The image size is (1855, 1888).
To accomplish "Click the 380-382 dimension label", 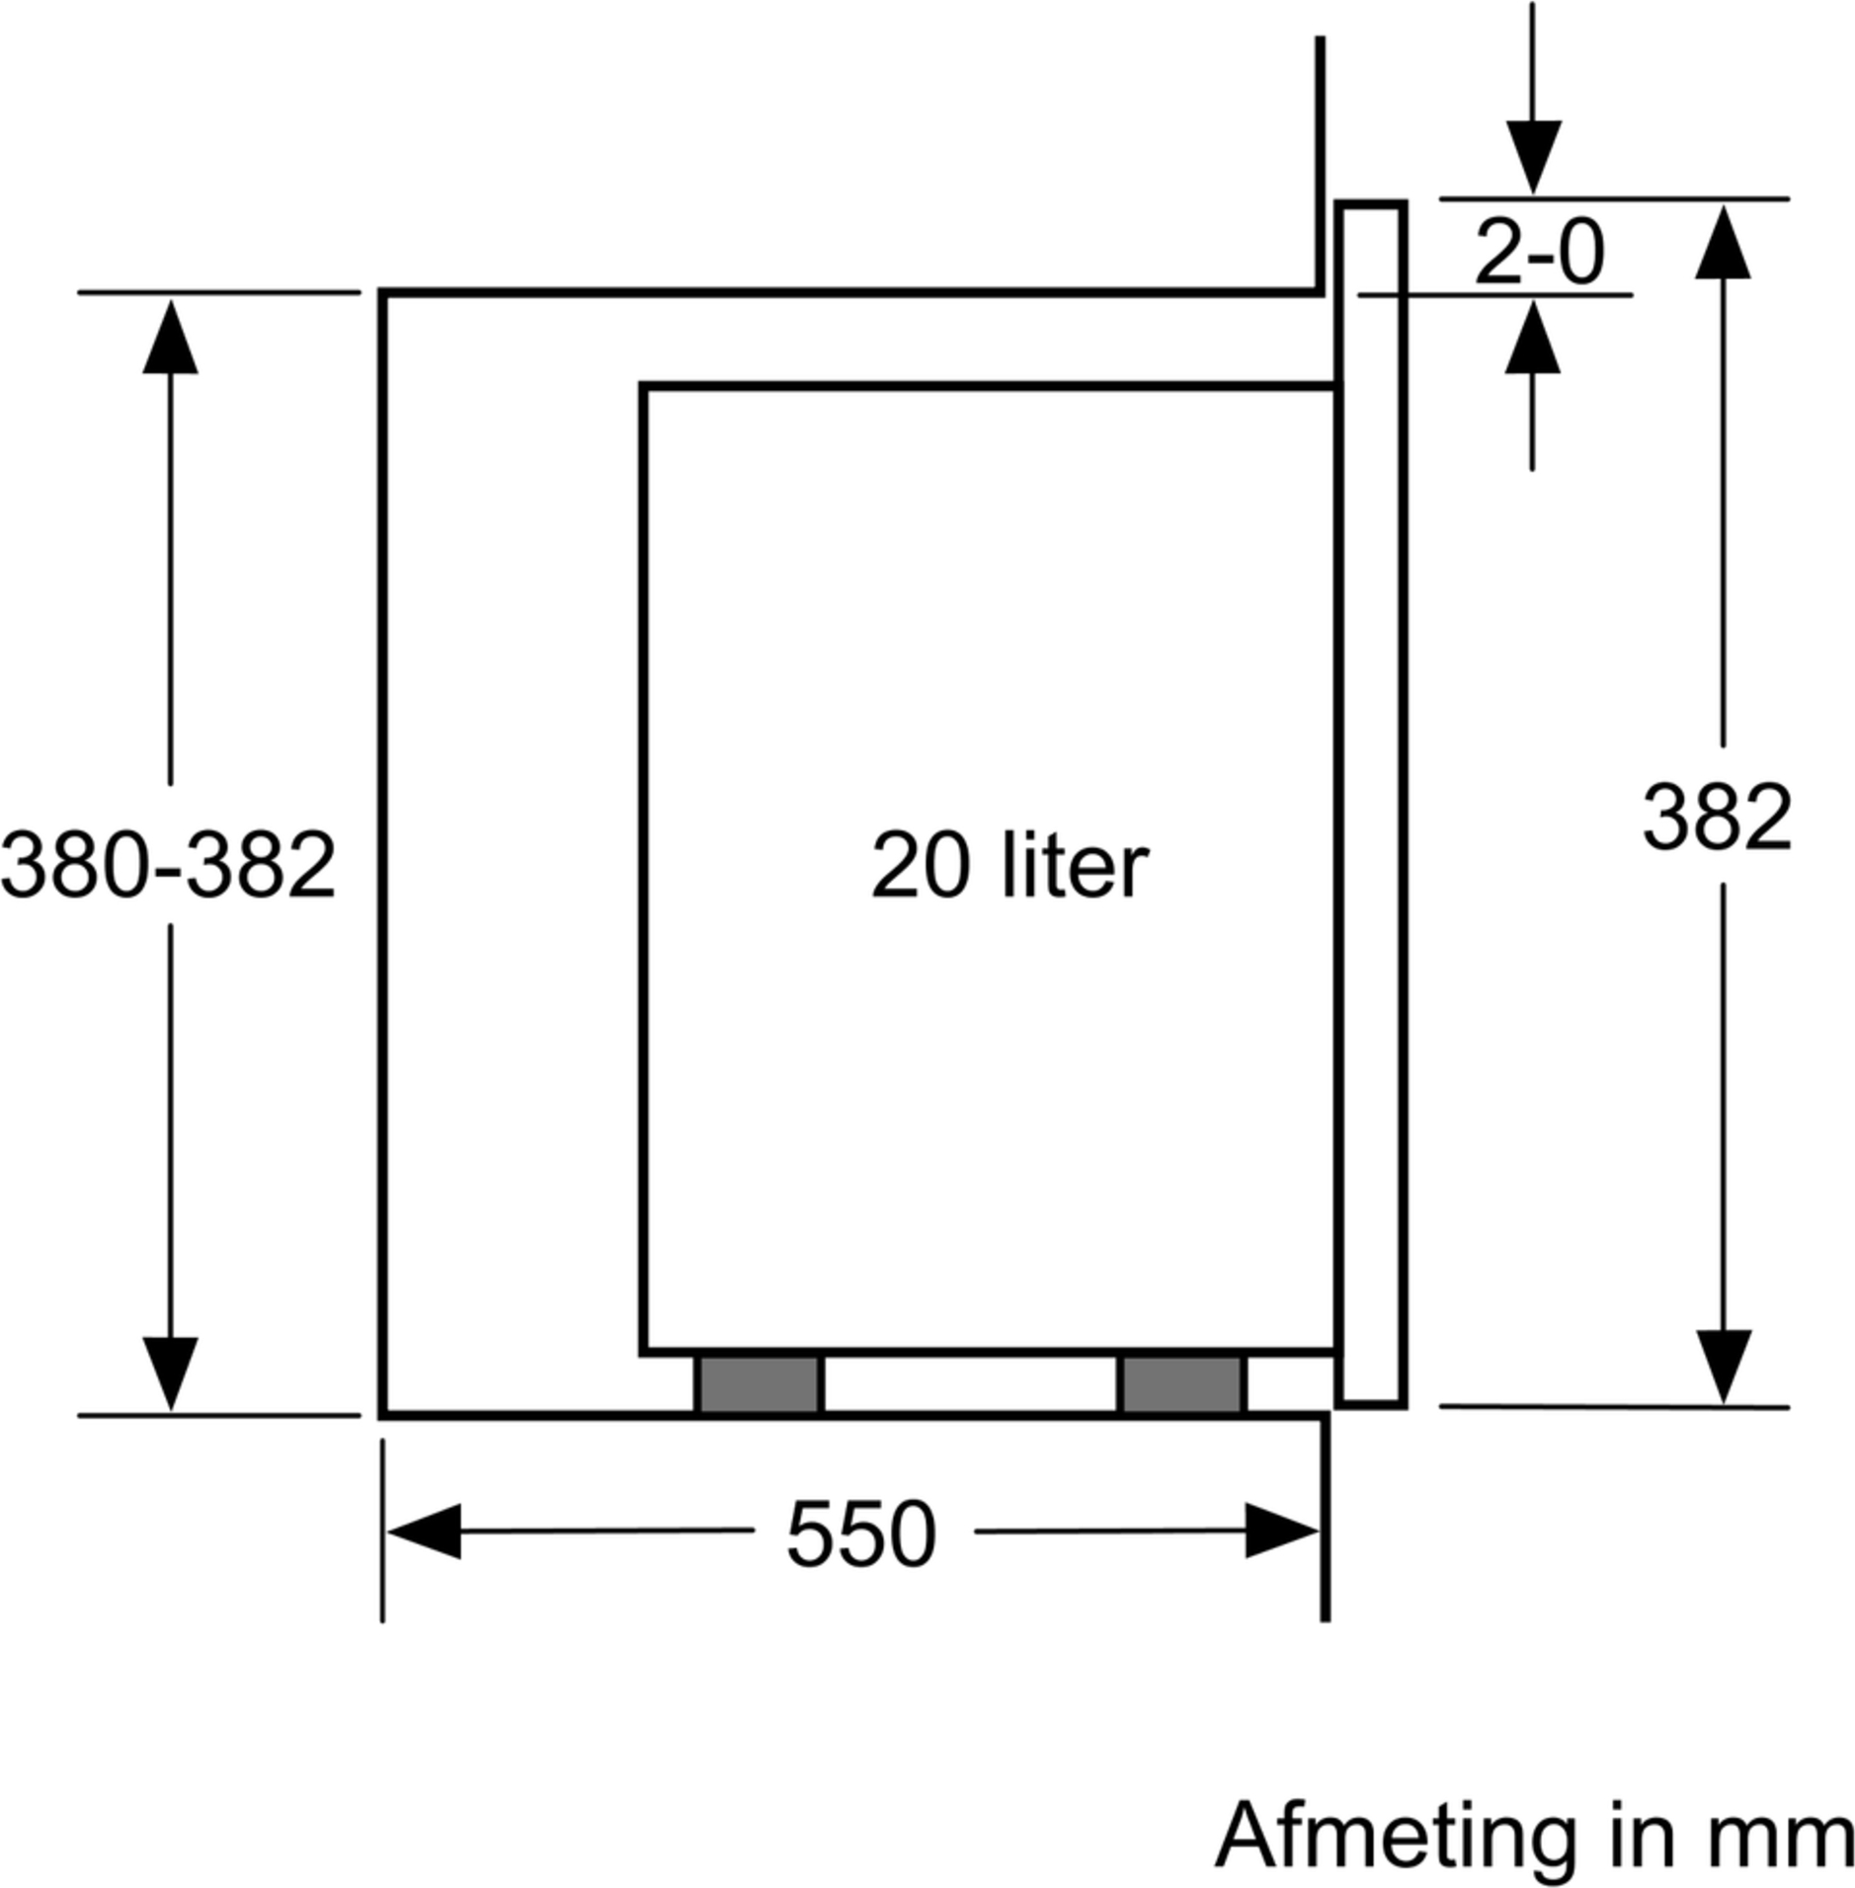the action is (169, 864).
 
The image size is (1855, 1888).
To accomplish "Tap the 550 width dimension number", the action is (860, 1534).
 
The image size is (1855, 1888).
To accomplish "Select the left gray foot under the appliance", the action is (759, 1384).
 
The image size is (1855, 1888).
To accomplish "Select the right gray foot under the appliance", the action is (1182, 1384).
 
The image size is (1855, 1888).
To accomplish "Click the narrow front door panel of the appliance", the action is (1371, 804).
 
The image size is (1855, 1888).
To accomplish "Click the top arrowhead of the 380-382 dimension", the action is (170, 337).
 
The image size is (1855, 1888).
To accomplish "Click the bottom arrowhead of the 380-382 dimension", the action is (170, 1375).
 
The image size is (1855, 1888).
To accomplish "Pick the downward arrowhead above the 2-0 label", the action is (1532, 157).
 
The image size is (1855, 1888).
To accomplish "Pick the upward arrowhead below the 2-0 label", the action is (1532, 336).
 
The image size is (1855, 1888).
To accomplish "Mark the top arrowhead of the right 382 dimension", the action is (1724, 241).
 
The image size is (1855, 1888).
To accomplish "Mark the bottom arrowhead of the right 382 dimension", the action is (1724, 1367).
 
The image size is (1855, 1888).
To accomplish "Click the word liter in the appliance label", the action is (1076, 865).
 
